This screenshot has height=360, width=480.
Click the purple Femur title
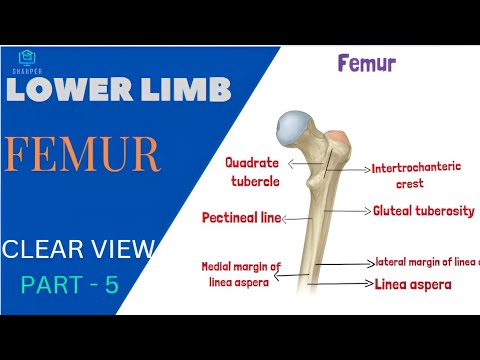pos(367,65)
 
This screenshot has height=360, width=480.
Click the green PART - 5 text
pos(70,285)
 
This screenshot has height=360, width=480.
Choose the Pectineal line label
pos(241,216)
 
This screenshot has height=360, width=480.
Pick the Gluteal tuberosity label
pos(423,211)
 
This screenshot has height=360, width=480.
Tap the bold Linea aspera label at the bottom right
pos(412,285)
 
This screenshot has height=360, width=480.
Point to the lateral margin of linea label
pos(427,263)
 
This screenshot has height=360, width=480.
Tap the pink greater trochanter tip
pos(339,135)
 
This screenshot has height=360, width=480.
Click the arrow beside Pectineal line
pos(295,217)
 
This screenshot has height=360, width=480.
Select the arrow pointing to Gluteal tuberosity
pos(350,211)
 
